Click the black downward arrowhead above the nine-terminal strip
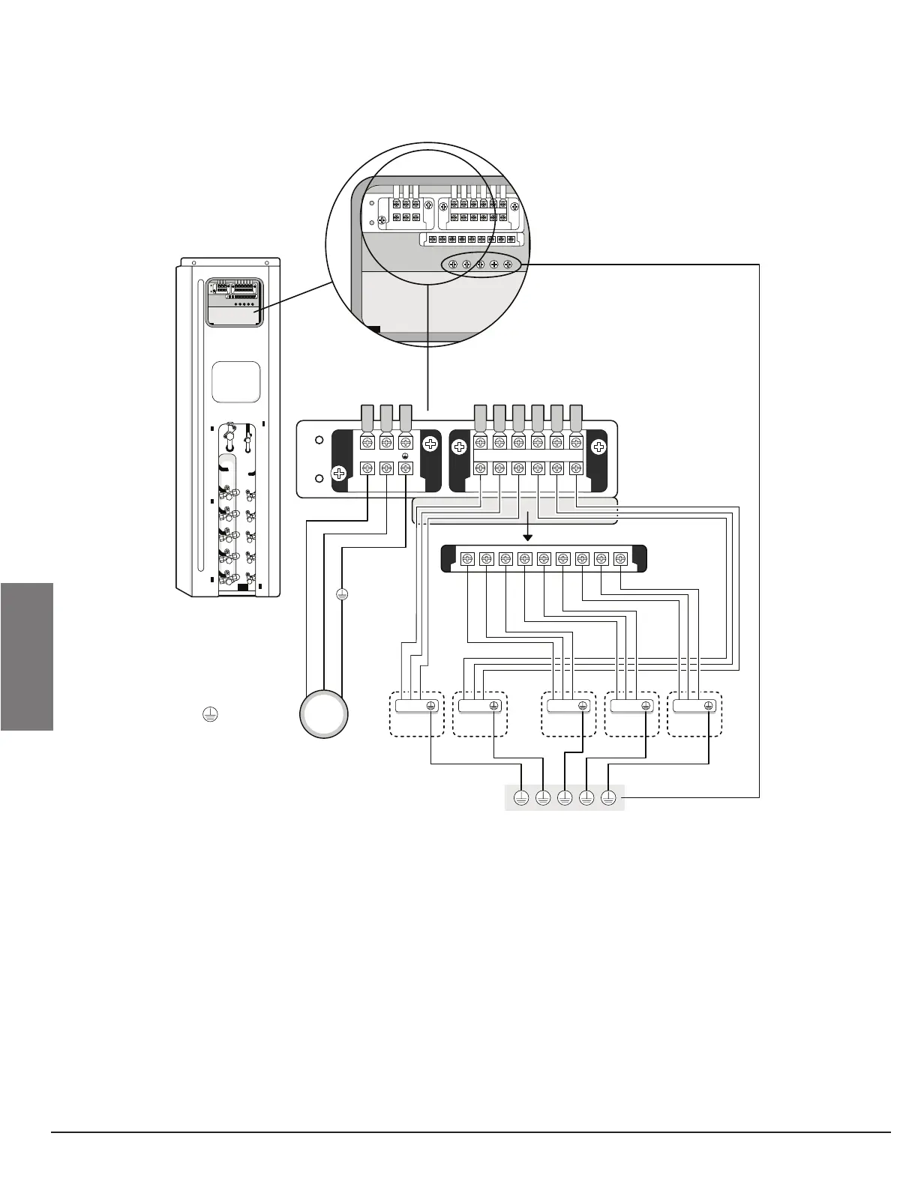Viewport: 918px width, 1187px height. pyautogui.click(x=528, y=536)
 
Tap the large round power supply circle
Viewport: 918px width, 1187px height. pyautogui.click(x=324, y=714)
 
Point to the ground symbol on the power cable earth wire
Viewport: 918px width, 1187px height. pyautogui.click(x=341, y=594)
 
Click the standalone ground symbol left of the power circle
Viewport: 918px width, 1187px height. pyautogui.click(x=209, y=715)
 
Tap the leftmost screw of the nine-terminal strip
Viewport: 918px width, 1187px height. pyautogui.click(x=467, y=558)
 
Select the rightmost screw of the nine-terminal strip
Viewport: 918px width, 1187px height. pyautogui.click(x=619, y=558)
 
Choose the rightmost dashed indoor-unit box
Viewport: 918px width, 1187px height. pyautogui.click(x=694, y=713)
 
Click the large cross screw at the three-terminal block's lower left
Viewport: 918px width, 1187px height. pyautogui.click(x=339, y=474)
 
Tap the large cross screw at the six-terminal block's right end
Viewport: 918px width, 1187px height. pyautogui.click(x=598, y=448)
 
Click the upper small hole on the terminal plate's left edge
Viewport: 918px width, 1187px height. pyautogui.click(x=319, y=441)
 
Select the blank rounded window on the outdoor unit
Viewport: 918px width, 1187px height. pyautogui.click(x=235, y=382)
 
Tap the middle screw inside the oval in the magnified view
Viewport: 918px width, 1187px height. pyautogui.click(x=480, y=265)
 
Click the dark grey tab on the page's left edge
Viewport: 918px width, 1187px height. pyautogui.click(x=27, y=656)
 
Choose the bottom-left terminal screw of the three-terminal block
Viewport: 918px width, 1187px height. pyautogui.click(x=367, y=468)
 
